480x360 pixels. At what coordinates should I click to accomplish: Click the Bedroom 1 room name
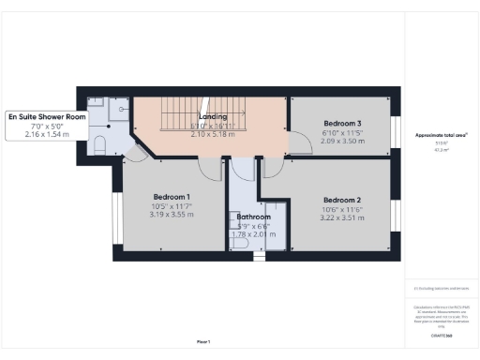point(171,195)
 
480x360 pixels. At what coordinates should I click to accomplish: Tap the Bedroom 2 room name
point(342,200)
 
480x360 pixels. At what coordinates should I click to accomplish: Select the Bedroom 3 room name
point(342,124)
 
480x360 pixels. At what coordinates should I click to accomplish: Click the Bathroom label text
point(247,217)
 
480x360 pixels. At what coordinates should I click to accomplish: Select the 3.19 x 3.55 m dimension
point(171,215)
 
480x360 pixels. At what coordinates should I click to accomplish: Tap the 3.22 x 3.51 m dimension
point(342,219)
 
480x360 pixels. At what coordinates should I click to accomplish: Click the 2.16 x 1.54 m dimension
point(46,135)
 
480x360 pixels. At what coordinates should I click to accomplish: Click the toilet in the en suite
point(101,144)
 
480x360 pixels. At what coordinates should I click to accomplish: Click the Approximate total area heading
point(441,135)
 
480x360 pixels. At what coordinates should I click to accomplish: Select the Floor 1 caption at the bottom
point(202,341)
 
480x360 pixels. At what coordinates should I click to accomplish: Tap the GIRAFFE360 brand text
point(441,335)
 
